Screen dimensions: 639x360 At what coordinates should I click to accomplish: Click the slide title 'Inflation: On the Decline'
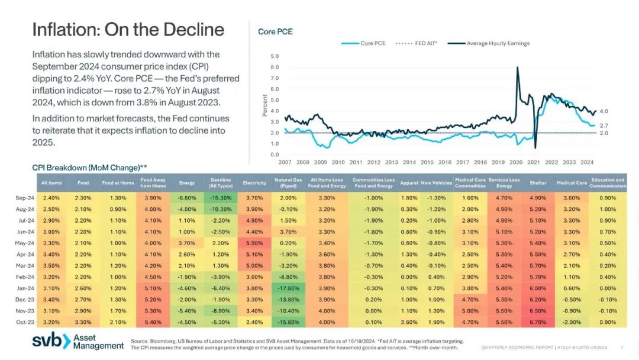(128, 30)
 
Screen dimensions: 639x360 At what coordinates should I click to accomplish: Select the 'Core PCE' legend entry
(363, 43)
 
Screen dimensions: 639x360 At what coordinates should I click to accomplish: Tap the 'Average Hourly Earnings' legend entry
(489, 43)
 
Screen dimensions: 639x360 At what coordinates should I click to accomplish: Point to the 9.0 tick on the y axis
(275, 56)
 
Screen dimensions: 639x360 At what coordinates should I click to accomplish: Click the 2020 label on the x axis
(516, 162)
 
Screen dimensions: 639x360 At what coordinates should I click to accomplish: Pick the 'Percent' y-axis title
(265, 105)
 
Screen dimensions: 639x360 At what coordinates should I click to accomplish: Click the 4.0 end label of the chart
(603, 111)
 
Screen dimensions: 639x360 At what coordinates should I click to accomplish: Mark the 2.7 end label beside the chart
(603, 126)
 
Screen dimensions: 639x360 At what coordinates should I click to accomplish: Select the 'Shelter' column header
(538, 183)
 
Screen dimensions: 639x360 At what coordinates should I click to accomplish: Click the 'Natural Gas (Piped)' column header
(288, 182)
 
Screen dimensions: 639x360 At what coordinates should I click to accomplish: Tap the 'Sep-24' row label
(25, 198)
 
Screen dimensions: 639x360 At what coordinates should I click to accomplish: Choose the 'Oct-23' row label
(25, 322)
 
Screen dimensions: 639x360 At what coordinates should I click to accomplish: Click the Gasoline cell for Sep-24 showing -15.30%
(221, 198)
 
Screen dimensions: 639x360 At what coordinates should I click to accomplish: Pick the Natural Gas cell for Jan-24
(288, 288)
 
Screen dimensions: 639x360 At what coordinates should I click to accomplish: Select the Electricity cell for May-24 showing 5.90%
(254, 243)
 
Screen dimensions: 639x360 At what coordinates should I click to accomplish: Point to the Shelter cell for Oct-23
(538, 322)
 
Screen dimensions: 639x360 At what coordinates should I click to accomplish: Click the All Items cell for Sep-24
(51, 198)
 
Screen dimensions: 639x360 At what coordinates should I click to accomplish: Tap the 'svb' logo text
(47, 341)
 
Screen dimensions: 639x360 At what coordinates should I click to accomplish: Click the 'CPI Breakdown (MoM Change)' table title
(90, 168)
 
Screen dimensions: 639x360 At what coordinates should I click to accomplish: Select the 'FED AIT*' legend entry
(417, 43)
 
